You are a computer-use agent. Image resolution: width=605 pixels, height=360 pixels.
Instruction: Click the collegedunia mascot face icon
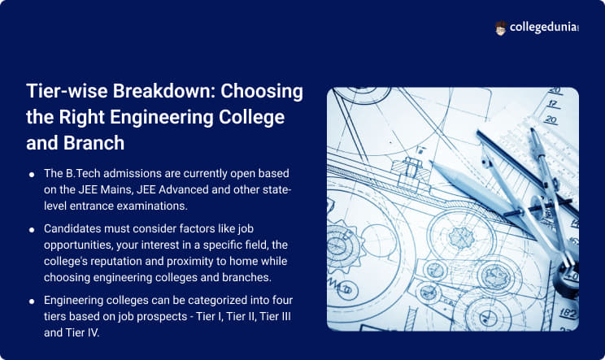click(x=501, y=28)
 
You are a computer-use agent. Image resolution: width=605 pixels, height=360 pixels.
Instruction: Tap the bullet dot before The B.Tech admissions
click(x=32, y=176)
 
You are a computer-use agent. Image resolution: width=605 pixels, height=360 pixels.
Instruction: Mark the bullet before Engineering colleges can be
click(x=32, y=301)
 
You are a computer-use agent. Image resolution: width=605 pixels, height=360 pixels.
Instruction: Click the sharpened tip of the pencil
click(x=431, y=162)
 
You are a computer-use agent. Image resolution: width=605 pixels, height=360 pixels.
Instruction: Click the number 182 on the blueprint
click(x=568, y=313)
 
